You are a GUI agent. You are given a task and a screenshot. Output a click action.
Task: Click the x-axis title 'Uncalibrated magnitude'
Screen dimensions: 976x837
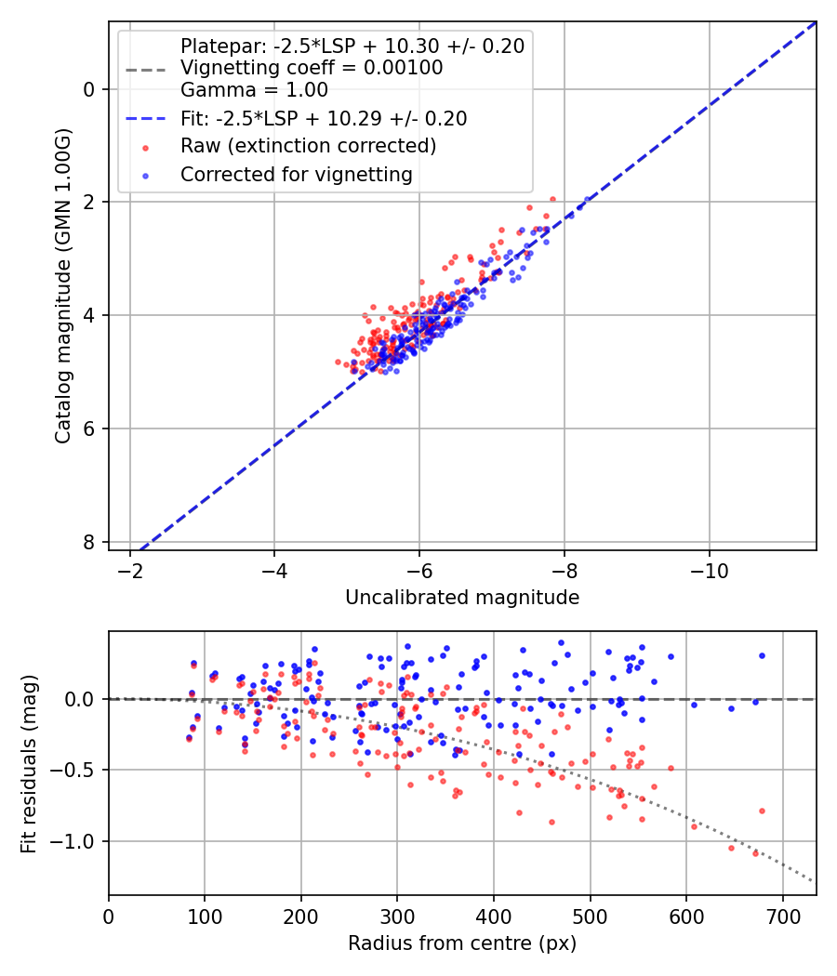click(x=462, y=598)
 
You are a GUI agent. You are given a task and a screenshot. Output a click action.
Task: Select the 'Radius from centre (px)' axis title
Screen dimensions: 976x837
click(x=462, y=943)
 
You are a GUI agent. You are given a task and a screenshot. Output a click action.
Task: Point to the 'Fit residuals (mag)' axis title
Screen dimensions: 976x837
click(x=29, y=763)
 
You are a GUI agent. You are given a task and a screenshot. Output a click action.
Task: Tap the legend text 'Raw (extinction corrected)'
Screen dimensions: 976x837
click(x=308, y=146)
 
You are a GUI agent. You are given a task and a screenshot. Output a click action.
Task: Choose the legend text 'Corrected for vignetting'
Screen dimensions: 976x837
click(x=297, y=174)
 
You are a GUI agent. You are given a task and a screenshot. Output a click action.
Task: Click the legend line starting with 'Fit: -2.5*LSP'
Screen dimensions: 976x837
click(x=324, y=118)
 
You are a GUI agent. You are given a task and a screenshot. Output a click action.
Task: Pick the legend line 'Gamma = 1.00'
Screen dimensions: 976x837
click(x=254, y=90)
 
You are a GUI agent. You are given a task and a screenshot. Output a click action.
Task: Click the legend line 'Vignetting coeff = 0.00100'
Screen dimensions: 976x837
click(x=312, y=68)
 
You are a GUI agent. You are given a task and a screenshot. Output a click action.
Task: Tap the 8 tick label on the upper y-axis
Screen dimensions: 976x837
click(x=89, y=542)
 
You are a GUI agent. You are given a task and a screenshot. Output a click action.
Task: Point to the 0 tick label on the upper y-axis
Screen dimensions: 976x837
click(x=89, y=89)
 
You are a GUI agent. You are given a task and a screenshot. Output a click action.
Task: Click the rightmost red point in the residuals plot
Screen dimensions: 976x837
click(x=762, y=811)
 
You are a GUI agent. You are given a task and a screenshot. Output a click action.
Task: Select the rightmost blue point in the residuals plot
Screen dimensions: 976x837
click(x=762, y=655)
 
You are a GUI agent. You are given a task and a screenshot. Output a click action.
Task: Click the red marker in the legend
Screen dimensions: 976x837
click(x=144, y=147)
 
